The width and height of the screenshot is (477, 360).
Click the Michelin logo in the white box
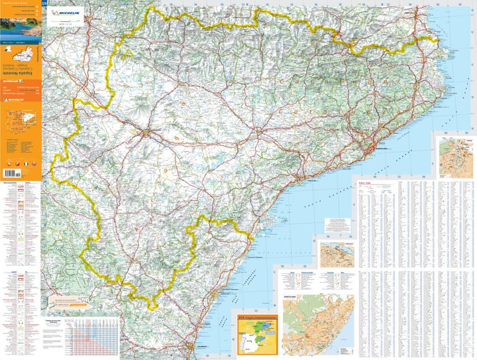click(x=68, y=12)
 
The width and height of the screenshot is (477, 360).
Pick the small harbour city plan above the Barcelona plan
click(x=336, y=253)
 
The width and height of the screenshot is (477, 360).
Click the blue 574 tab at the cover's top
click(x=44, y=5)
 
